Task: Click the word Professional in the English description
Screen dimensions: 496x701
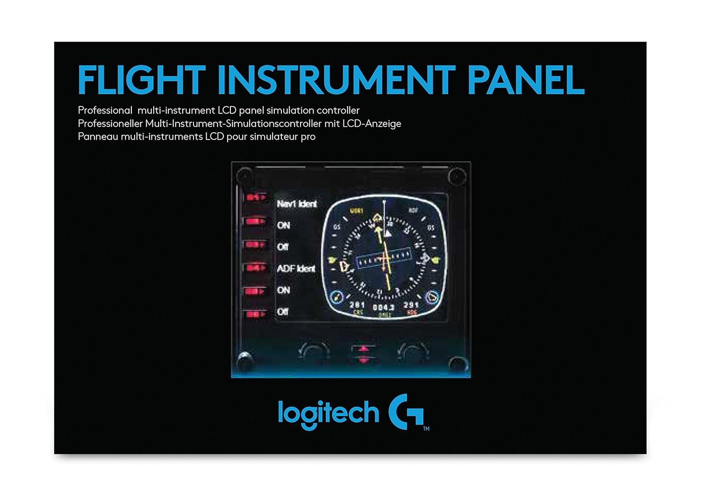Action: coord(105,110)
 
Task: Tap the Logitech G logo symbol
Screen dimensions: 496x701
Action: coord(406,411)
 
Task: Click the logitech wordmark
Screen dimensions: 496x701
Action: coord(328,413)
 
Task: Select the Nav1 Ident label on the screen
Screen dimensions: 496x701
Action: coord(296,204)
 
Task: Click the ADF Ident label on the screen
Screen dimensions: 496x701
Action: coord(296,268)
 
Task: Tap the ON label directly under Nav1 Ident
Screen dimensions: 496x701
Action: coord(283,225)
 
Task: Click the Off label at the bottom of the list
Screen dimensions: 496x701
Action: coord(282,311)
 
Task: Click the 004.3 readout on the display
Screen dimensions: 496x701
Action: coord(383,307)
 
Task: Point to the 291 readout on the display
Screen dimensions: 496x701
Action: coord(411,305)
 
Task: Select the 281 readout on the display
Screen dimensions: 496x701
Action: coord(357,305)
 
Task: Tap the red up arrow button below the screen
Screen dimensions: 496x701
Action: coord(364,349)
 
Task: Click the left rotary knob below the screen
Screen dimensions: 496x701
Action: coord(314,352)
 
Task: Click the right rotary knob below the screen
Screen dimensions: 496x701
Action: coord(413,352)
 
